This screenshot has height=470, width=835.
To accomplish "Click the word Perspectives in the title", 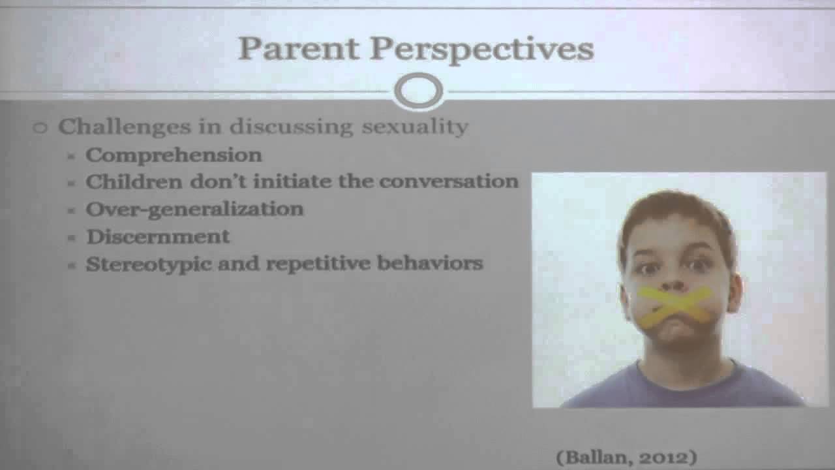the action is coord(482,51).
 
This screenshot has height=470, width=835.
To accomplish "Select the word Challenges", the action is coord(125,127).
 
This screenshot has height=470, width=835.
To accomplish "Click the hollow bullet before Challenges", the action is coord(40,128).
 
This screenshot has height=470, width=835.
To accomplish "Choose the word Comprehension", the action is coord(174,155).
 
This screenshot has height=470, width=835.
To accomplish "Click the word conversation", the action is coord(449,181).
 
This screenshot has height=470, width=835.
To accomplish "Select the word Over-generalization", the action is coord(194,210).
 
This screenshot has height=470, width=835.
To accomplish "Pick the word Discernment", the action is coord(158,236).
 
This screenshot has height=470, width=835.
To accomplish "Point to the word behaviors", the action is coord(430,263).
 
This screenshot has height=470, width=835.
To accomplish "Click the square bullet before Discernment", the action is coord(72,238).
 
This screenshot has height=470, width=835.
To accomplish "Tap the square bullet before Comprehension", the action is coord(72,156).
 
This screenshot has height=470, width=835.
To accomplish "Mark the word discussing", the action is coord(291,127).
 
